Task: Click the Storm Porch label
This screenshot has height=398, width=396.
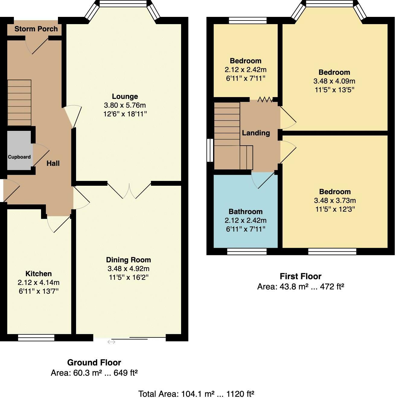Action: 36,29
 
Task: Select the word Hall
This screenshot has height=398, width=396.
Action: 53,163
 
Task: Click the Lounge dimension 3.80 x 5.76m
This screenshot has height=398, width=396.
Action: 125,105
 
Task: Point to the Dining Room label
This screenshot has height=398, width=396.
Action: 128,260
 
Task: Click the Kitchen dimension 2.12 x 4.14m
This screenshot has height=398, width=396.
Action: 38,282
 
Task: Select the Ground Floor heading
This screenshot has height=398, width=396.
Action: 94,362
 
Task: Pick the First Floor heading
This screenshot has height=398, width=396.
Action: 300,276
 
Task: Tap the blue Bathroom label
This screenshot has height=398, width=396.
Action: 245,211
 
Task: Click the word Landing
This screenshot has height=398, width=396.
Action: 256,133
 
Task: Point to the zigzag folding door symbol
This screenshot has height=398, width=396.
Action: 265,99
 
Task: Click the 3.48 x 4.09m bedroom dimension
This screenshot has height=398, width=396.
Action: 334,81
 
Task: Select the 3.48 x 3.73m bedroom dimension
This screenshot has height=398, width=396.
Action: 335,200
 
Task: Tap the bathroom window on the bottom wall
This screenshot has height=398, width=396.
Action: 247,251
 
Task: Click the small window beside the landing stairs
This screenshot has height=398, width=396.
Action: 210,150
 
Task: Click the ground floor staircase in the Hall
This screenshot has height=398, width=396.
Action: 19,103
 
